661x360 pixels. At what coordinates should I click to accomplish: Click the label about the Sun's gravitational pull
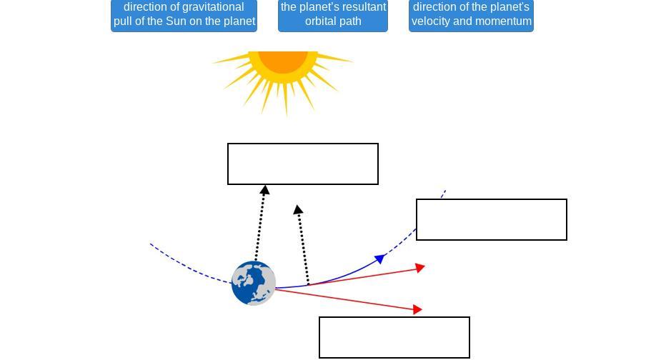click(x=184, y=14)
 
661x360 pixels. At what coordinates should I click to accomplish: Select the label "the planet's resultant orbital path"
click(x=333, y=14)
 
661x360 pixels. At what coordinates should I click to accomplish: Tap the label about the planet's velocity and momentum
click(x=471, y=14)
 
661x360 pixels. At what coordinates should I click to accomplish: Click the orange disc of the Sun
click(x=284, y=60)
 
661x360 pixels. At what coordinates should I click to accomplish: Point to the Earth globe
click(x=254, y=283)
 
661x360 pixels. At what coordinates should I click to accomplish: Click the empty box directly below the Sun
click(x=303, y=164)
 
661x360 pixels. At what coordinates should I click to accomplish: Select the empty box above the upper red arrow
click(x=492, y=219)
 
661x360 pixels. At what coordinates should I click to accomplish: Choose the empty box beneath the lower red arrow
click(x=394, y=337)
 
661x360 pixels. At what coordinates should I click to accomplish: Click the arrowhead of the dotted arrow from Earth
click(x=264, y=190)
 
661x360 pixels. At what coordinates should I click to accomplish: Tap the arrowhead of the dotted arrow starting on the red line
click(x=298, y=210)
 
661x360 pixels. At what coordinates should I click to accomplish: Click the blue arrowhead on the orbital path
click(x=381, y=258)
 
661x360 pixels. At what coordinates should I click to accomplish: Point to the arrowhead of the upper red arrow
click(x=421, y=268)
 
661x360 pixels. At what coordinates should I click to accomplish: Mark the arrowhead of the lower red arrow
click(x=418, y=309)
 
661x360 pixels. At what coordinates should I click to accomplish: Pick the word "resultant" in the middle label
click(x=362, y=7)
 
